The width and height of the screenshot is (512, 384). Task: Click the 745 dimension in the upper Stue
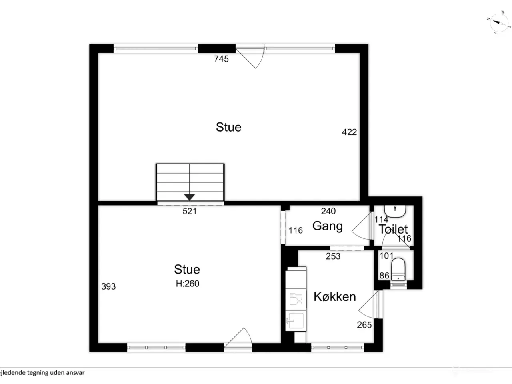click(x=221, y=59)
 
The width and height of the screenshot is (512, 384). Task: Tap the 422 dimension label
click(x=349, y=132)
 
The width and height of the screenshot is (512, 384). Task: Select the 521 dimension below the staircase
click(x=190, y=211)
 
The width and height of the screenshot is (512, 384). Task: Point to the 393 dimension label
click(x=108, y=286)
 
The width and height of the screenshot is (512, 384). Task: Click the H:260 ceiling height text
click(x=187, y=284)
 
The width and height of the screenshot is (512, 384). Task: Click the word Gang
click(x=327, y=226)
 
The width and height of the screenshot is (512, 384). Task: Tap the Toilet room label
click(x=393, y=229)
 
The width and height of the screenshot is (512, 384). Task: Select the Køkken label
click(x=335, y=296)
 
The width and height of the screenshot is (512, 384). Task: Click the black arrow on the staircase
click(x=190, y=196)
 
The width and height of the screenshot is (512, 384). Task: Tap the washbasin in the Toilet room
click(x=395, y=210)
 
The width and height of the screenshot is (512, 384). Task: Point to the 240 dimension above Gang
click(x=328, y=211)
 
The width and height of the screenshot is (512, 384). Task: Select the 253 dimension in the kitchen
click(x=333, y=256)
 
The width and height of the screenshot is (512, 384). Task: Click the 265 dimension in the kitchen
click(x=364, y=325)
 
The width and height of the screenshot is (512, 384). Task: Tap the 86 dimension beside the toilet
click(x=384, y=276)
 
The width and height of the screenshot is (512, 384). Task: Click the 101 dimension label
click(x=386, y=256)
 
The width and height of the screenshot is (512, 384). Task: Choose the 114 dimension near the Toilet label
click(x=381, y=220)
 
